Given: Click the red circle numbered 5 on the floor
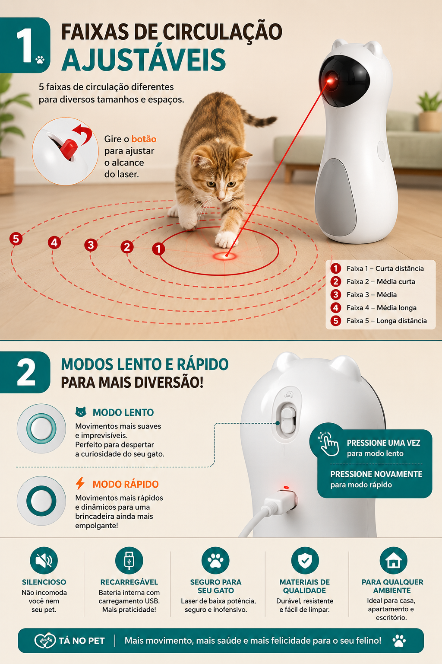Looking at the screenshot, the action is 16,239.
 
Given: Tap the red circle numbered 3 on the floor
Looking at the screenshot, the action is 91,245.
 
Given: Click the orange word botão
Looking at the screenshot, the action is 144,139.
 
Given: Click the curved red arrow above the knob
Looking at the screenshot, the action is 83,133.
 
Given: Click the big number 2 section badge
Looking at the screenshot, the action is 25,372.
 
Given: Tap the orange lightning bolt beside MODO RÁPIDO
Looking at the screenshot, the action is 80,483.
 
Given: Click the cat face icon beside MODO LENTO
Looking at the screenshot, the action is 81,412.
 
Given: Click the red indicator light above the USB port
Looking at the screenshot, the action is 286,487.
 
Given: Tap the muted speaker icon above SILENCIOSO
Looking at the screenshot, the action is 44,561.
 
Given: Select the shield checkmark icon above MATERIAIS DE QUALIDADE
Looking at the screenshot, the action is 305,561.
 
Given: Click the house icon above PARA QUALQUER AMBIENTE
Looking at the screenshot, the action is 393,561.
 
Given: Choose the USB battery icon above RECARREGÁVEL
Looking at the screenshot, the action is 129,561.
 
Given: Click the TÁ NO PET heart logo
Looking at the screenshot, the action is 45,640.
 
